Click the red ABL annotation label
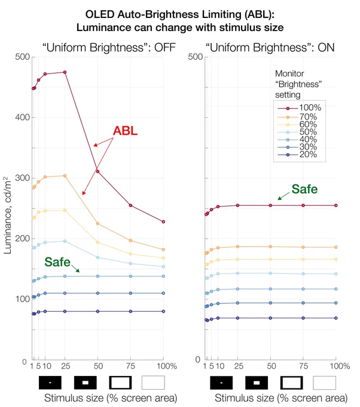pos(125,130)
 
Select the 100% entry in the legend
pos(300,108)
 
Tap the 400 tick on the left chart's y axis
pos(23,117)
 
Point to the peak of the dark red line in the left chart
pos(65,72)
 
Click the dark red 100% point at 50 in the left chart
pos(98,171)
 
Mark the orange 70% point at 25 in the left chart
pos(65,176)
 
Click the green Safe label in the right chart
pos(304,189)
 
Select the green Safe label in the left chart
pos(57,262)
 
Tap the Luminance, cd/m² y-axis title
pos(7,215)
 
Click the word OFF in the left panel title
pos(165,47)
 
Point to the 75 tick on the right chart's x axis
pos(303,366)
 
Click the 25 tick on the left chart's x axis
pos(65,366)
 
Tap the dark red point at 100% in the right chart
pos(336,205)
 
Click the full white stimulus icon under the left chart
pos(153,382)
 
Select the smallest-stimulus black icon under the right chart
pos(221,382)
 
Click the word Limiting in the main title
pos(221,14)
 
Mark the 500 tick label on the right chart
pos(196,57)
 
